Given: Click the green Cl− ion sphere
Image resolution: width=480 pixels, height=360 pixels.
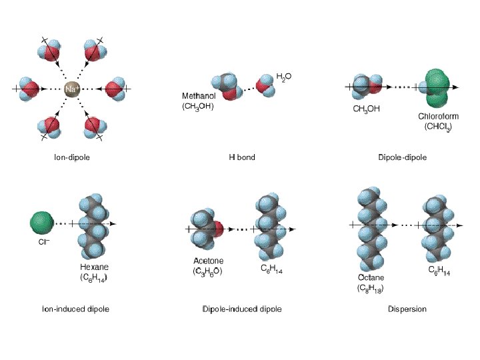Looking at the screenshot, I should point(41,223).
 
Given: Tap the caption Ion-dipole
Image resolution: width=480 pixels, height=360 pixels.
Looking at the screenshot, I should point(72,158).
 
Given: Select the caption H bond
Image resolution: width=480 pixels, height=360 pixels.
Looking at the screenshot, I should point(242,158).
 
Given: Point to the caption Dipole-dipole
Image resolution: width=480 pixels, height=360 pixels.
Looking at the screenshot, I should point(402,158).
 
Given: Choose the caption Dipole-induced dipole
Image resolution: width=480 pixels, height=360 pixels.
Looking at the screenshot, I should point(242,309).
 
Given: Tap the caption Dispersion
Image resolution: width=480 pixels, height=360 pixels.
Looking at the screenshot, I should point(407,309).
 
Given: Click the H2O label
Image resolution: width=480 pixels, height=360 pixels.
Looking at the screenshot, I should point(283,77).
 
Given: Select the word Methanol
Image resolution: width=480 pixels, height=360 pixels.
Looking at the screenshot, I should point(198,96).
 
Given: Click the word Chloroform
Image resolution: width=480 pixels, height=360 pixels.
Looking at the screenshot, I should point(438,116).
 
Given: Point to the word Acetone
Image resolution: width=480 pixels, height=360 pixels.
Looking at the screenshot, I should point(209,261).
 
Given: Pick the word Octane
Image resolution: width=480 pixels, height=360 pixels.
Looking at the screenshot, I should point(371,277).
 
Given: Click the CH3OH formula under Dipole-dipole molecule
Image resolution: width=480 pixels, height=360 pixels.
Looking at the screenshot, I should point(367,109).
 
